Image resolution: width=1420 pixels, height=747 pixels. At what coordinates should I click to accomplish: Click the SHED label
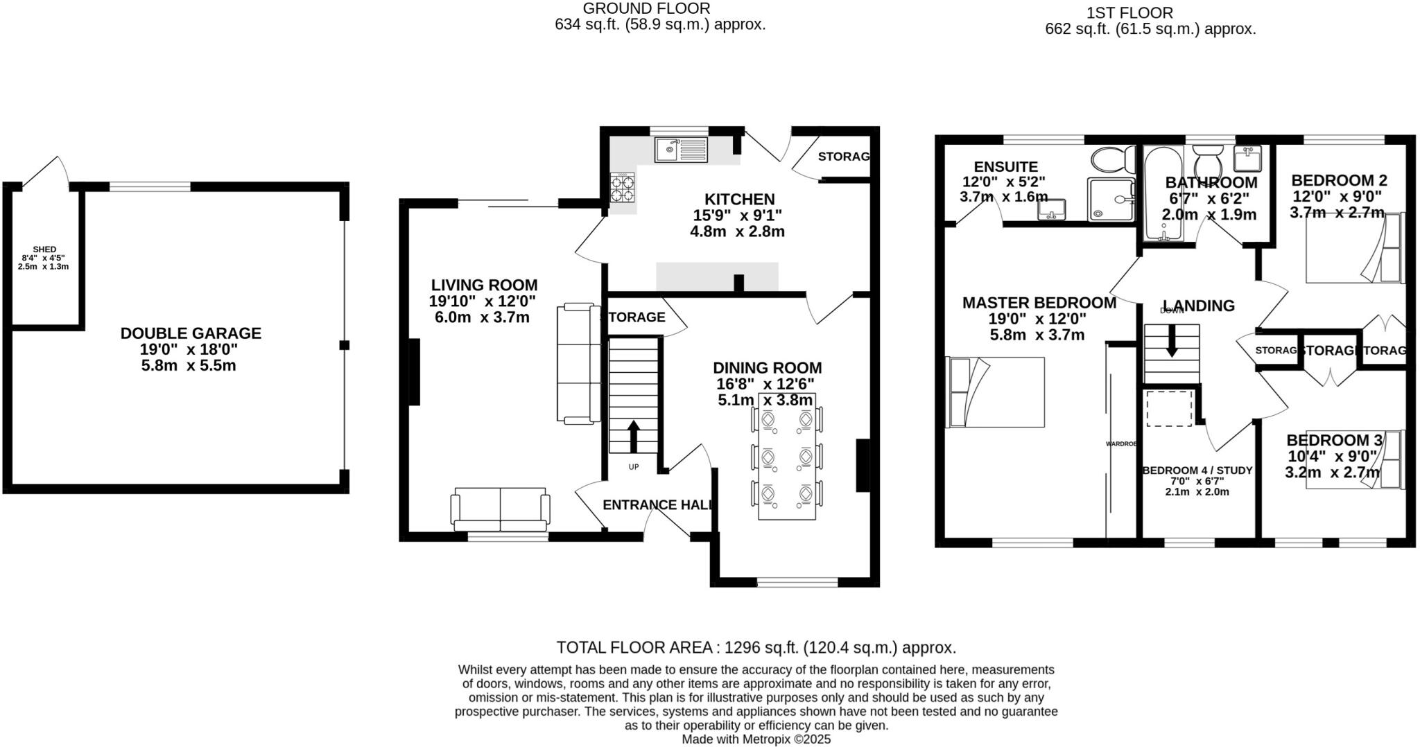click(44, 249)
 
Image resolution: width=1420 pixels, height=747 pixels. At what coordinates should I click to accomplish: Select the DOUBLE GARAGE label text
click(191, 333)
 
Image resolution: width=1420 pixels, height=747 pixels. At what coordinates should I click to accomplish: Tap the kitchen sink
click(195, 149)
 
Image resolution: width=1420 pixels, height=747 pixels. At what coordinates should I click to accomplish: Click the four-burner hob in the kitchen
click(622, 187)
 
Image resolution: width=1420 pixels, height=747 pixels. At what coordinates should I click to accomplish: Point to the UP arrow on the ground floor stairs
click(633, 435)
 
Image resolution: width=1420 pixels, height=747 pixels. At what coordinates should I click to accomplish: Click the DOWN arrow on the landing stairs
click(1172, 342)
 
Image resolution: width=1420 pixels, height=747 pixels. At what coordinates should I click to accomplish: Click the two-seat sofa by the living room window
click(500, 509)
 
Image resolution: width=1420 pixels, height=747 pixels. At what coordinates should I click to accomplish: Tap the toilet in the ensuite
click(1111, 159)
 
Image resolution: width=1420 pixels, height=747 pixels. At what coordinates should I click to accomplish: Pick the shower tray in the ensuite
click(1111, 200)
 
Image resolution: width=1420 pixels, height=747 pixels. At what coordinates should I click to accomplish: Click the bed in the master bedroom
click(996, 392)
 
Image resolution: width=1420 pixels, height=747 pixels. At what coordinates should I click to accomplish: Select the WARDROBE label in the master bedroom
click(1120, 443)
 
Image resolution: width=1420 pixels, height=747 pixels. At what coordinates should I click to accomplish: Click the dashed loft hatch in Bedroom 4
click(1170, 408)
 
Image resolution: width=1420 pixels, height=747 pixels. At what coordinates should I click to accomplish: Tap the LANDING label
click(1199, 306)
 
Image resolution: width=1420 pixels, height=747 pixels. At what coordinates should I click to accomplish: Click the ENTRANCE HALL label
click(657, 505)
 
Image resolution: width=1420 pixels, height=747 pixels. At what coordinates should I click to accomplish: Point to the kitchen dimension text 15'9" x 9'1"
click(737, 216)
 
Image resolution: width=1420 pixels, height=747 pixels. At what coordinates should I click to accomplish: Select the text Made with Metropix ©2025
click(756, 739)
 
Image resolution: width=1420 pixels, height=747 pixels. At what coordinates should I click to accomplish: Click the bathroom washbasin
click(1247, 159)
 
